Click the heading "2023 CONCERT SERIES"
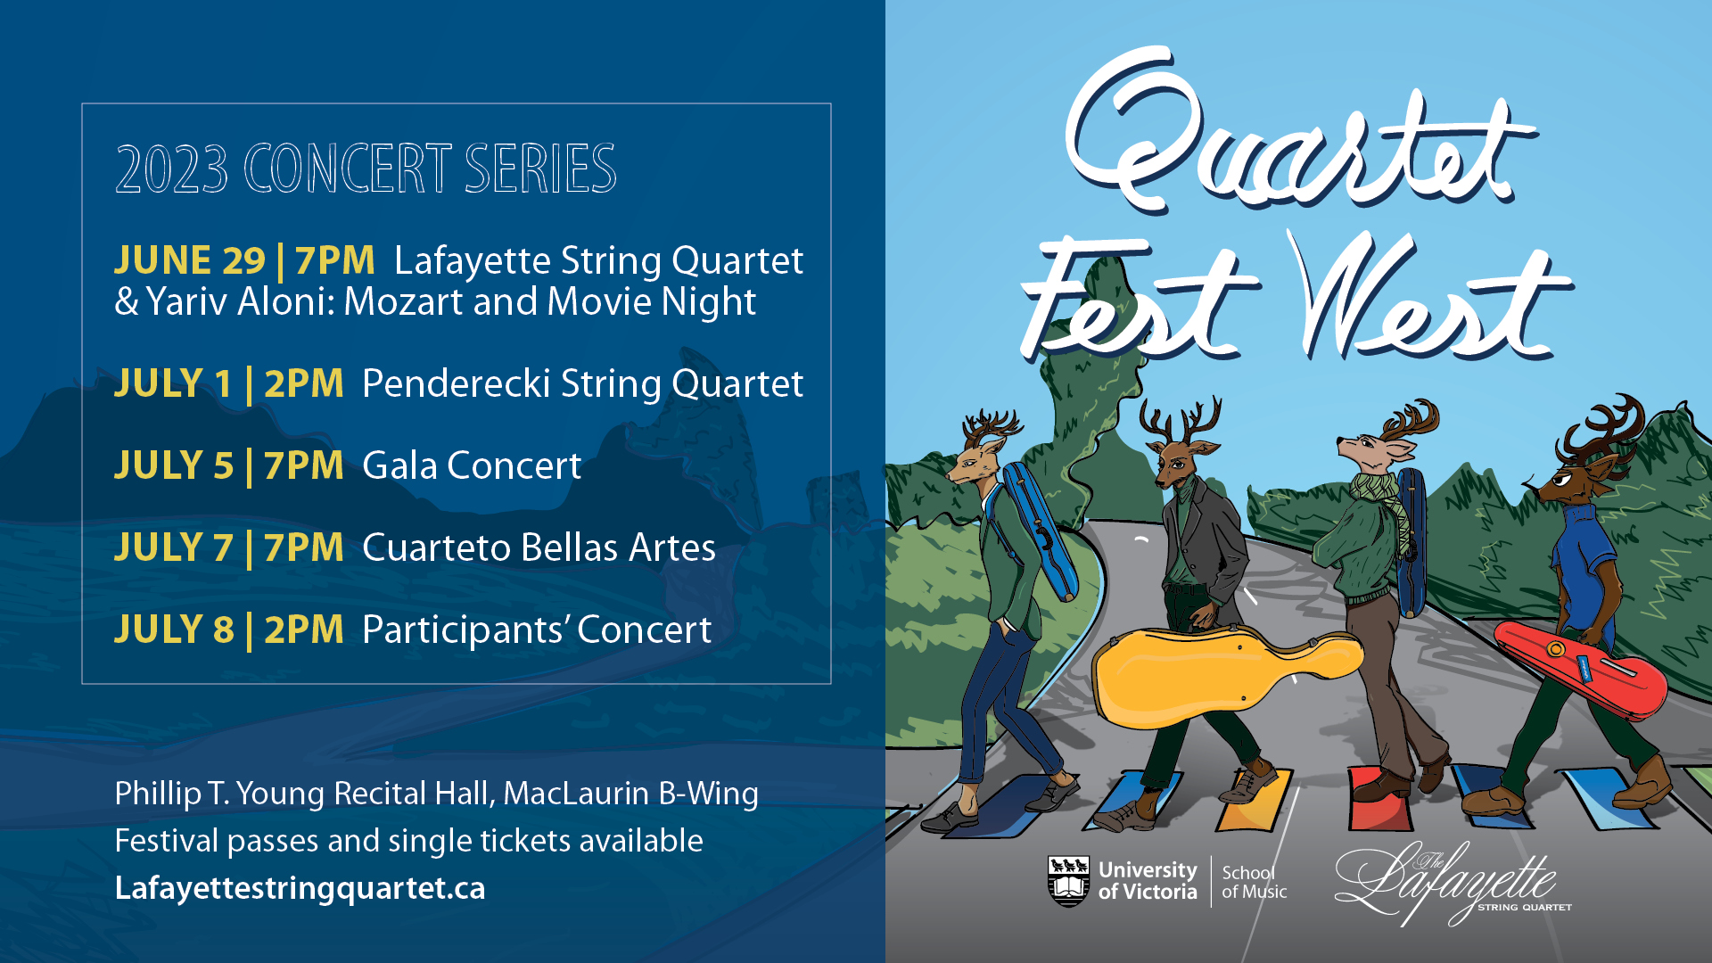(366, 169)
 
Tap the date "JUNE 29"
(190, 260)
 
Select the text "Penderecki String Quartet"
(582, 384)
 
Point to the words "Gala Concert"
(472, 465)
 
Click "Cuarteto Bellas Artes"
(539, 547)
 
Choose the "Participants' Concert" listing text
(537, 630)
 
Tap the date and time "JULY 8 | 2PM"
(229, 630)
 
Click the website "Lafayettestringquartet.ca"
(300, 888)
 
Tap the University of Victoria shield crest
(1068, 881)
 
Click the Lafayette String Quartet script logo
(1452, 883)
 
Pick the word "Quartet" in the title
(1297, 134)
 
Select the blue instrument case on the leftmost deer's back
(1039, 531)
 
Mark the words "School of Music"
(1254, 882)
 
